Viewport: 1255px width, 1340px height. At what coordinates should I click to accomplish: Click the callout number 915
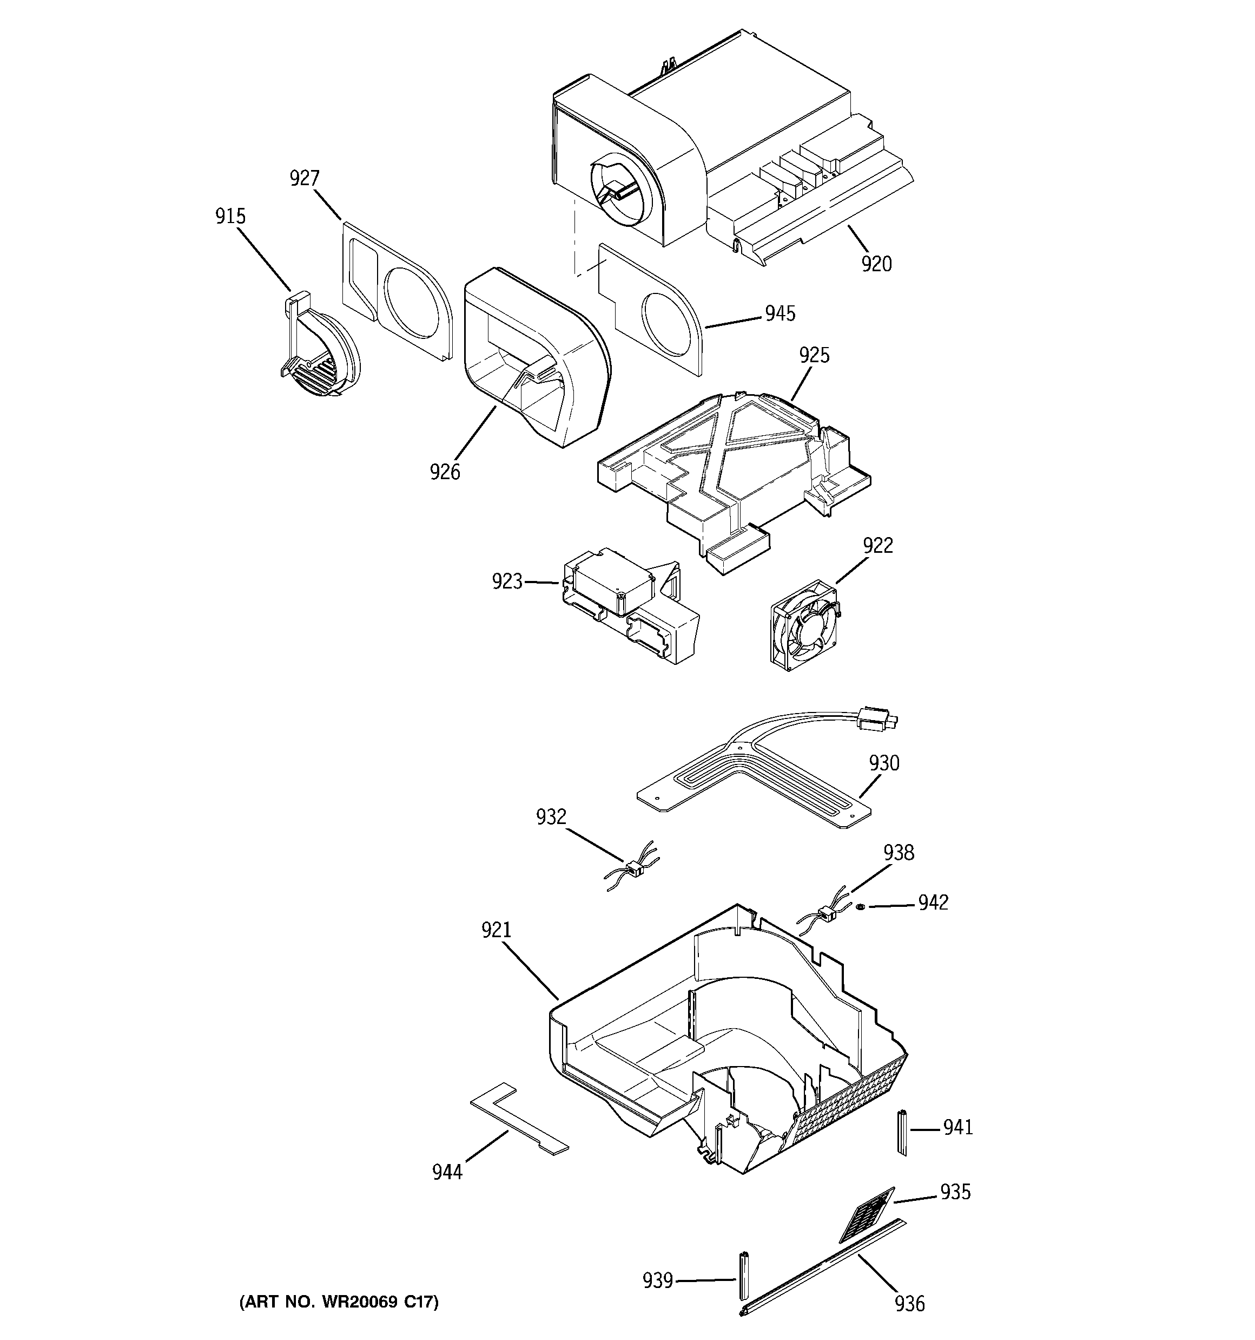point(230,217)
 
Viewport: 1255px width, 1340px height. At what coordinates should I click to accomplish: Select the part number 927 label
point(305,178)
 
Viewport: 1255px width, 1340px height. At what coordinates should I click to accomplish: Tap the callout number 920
point(876,264)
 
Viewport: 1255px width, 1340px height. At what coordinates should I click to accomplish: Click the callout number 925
point(814,355)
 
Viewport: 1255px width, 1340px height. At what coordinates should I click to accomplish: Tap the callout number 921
point(497,930)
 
